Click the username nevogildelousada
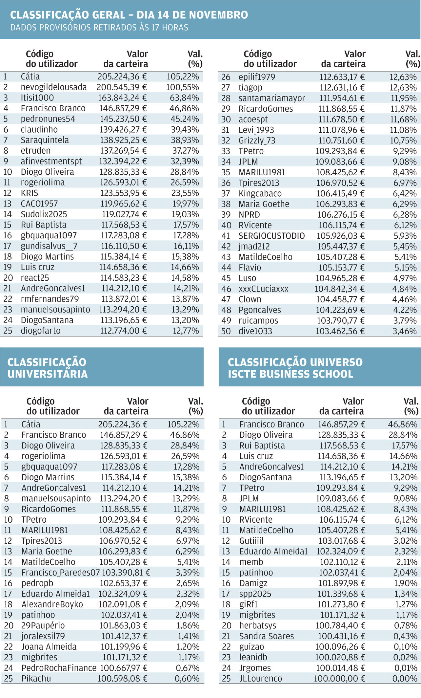54,87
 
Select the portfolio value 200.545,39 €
122,87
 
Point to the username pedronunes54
48,119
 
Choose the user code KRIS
30,193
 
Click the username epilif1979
257,77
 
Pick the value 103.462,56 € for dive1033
340,331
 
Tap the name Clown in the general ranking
250,299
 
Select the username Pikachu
36,679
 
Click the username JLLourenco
260,679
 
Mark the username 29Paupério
43,625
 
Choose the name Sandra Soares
266,636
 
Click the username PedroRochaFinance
59,668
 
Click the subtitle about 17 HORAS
99,28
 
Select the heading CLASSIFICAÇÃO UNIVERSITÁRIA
47,368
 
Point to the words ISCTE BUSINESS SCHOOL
290,374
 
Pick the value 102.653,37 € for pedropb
124,583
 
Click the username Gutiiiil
251,541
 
